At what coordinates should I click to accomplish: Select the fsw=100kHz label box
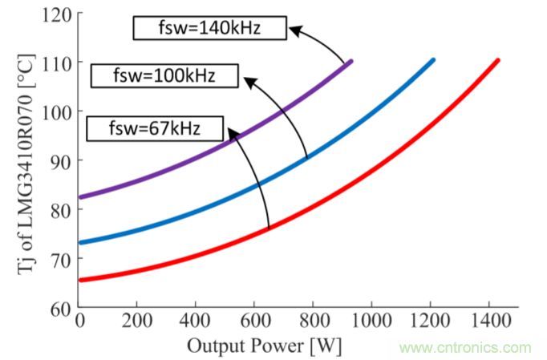pyautogui.click(x=165, y=76)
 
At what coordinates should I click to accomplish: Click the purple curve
pyautogui.click(x=201, y=160)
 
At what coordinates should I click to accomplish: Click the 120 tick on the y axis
pyautogui.click(x=59, y=14)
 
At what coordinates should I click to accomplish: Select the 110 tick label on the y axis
pyautogui.click(x=59, y=63)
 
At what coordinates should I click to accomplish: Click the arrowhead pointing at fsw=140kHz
pyautogui.click(x=295, y=31)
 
